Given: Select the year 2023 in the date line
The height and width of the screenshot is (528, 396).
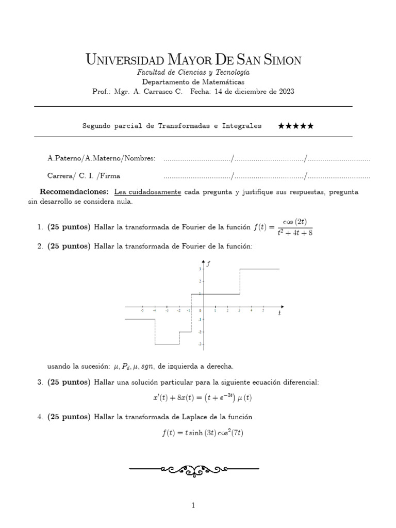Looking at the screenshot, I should (285, 92).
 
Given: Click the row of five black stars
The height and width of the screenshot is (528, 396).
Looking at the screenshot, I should (295, 126).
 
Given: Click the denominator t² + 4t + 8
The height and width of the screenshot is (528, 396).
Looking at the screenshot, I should (292, 232).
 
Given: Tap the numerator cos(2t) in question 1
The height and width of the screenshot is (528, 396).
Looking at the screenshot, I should (292, 222).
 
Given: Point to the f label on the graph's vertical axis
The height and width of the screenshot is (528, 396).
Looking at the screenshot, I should (208, 263).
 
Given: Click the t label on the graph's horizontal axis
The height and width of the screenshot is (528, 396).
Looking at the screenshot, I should (279, 313).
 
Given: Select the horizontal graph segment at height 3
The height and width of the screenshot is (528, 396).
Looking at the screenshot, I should (259, 269).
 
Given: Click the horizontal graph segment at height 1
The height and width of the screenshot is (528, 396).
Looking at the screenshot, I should (216, 294).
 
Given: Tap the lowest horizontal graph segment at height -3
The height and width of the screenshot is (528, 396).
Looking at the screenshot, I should (167, 344).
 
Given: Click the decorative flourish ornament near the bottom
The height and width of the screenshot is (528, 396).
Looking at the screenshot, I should (194, 470).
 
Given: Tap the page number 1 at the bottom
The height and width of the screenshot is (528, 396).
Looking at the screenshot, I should (193, 506).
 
